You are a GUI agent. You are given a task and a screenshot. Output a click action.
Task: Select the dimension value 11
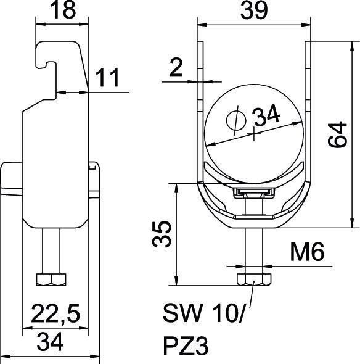[105, 79]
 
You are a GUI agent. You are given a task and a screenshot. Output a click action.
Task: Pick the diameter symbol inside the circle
[235, 120]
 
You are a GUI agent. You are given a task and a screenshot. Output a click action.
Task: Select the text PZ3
[186, 346]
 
